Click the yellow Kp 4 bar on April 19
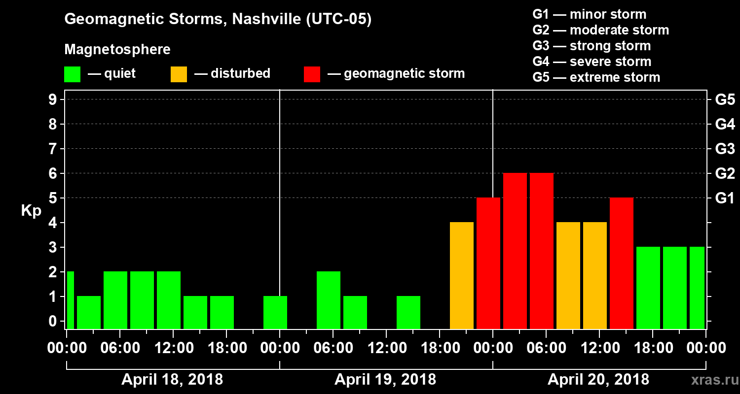tap(462, 275)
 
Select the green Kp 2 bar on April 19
tap(329, 300)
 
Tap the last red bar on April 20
tap(622, 263)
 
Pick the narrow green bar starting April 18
tap(70, 300)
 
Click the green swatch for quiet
tap(72, 74)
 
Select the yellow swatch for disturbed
tap(179, 74)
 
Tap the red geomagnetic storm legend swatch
tap(312, 74)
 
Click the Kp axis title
tap(31, 211)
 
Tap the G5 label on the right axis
tap(725, 99)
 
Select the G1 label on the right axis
tap(725, 198)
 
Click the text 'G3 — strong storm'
tap(592, 46)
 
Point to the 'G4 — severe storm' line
tap(592, 62)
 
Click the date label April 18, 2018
tap(172, 380)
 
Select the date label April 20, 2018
tap(598, 380)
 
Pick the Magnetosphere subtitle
tap(117, 50)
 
